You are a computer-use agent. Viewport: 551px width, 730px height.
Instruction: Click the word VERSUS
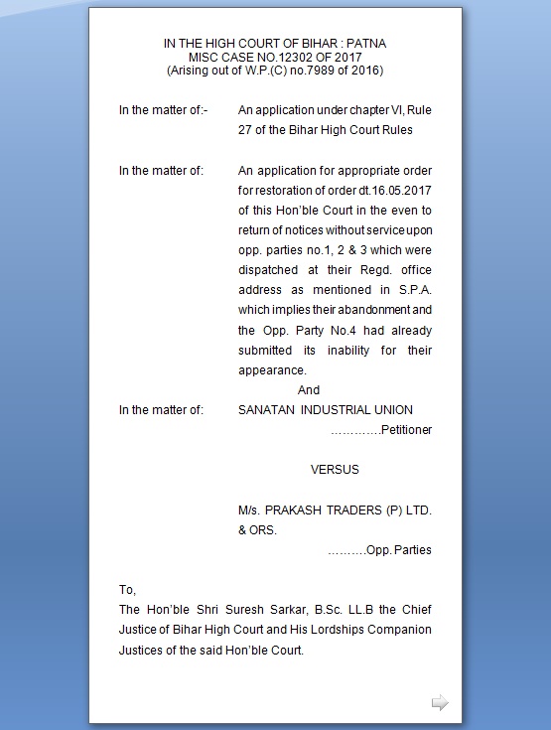pyautogui.click(x=335, y=469)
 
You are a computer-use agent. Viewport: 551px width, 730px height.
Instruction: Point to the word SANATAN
pyautogui.click(x=267, y=410)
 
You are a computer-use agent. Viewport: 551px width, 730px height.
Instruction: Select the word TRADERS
pyautogui.click(x=359, y=510)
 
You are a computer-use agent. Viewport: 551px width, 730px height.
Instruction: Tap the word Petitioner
pyautogui.click(x=407, y=430)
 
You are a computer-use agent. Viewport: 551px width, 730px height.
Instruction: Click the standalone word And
pyautogui.click(x=309, y=390)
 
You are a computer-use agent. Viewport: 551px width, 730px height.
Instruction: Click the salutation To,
pyautogui.click(x=127, y=589)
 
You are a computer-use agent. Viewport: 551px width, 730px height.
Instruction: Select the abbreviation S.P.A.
pyautogui.click(x=412, y=290)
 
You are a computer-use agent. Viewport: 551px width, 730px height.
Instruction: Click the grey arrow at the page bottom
pyautogui.click(x=439, y=703)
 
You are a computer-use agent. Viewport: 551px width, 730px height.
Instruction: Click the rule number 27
pyautogui.click(x=246, y=129)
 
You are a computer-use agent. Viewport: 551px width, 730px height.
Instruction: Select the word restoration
pyautogui.click(x=289, y=190)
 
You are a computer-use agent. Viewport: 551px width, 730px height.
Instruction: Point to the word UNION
pyautogui.click(x=391, y=410)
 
